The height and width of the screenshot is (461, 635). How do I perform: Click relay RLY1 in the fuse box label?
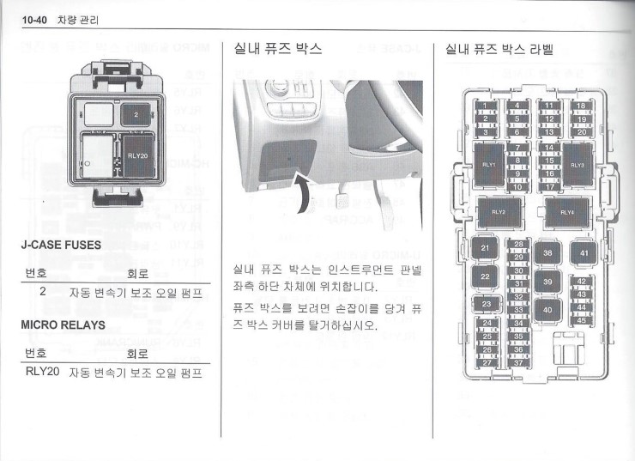[x=489, y=163]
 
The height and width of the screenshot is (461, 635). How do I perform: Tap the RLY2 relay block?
[x=499, y=212]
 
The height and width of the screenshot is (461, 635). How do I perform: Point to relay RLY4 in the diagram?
[x=567, y=212]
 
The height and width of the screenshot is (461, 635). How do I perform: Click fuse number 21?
[x=485, y=249]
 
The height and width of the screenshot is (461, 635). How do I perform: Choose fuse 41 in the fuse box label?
[x=584, y=253]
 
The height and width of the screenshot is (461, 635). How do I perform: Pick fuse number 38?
[x=547, y=253]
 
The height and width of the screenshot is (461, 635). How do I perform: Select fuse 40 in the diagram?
[x=547, y=309]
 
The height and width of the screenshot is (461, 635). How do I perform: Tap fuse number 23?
[x=486, y=304]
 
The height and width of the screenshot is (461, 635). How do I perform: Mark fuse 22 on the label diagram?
[x=485, y=276]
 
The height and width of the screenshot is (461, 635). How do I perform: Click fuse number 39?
[x=547, y=282]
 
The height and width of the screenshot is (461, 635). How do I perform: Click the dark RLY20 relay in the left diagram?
[x=139, y=157]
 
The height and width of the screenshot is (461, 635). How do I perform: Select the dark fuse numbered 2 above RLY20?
[x=136, y=113]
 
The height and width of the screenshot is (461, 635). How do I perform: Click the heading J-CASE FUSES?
[x=60, y=245]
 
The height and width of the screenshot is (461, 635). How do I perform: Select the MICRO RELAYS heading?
[x=63, y=326]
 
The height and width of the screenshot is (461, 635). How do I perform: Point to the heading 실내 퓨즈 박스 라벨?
[x=499, y=50]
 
